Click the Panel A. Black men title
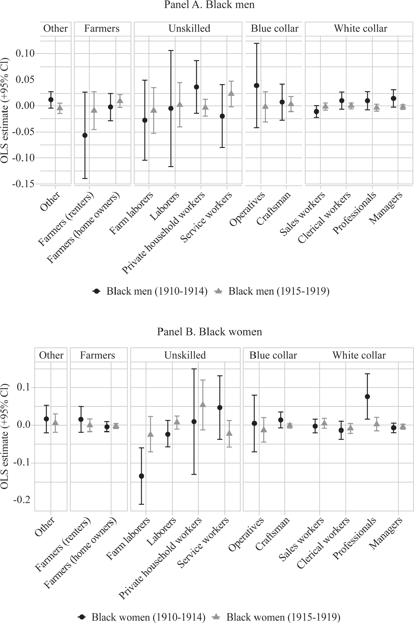209,5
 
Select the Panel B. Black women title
209,332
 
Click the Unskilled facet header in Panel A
189,29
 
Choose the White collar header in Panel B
359,355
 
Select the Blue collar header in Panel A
274,29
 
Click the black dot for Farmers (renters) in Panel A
85,135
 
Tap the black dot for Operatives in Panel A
257,86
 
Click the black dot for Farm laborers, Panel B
141,476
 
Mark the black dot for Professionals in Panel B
368,397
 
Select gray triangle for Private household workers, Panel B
203,405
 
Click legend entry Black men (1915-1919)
279,291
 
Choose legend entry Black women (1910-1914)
148,617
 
